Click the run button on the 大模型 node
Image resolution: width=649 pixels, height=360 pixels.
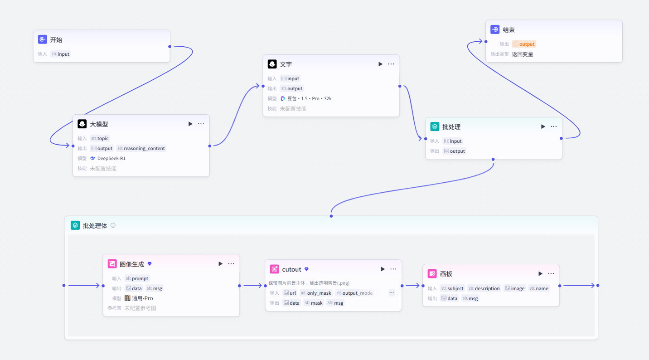190,124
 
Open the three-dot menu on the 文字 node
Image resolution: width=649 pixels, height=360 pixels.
391,64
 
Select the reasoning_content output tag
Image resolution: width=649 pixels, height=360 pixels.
141,148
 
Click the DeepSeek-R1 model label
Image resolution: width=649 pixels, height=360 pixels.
111,158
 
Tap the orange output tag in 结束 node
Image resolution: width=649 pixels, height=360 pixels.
524,44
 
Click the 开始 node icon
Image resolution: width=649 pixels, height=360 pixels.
42,39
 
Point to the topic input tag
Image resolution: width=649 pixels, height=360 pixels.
100,138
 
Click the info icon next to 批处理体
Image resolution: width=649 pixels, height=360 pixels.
113,225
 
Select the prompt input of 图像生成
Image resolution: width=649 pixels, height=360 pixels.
137,278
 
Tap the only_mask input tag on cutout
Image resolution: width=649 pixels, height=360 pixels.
316,293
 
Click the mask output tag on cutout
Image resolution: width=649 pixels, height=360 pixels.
313,303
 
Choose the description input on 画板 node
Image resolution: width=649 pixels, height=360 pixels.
484,288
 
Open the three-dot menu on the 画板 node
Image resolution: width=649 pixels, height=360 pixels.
551,273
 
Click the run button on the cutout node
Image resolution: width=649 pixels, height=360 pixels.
383,269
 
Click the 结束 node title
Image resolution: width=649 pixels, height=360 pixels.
509,30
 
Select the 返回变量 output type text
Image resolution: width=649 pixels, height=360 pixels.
523,54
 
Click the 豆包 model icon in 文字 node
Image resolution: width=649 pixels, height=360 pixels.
283,98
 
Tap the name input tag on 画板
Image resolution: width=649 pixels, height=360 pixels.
539,288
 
